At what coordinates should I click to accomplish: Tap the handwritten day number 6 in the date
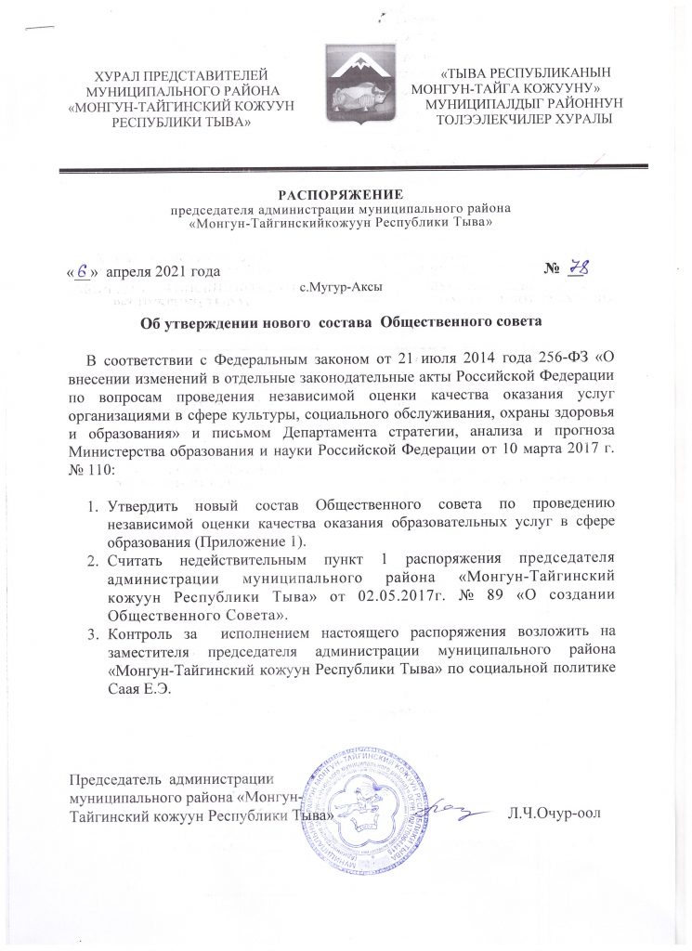click(x=84, y=271)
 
